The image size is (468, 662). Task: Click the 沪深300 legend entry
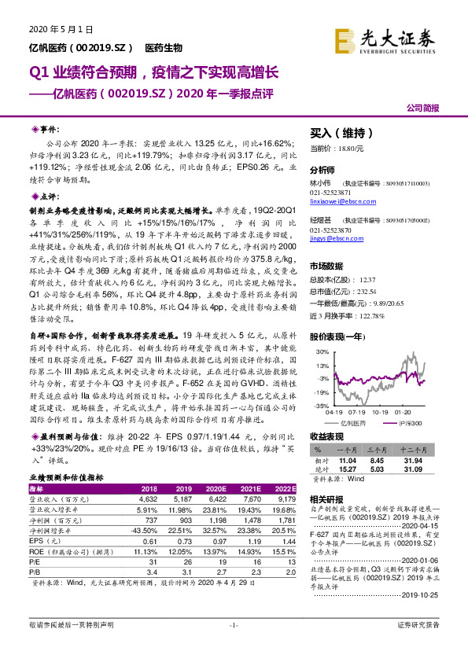[410, 423]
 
